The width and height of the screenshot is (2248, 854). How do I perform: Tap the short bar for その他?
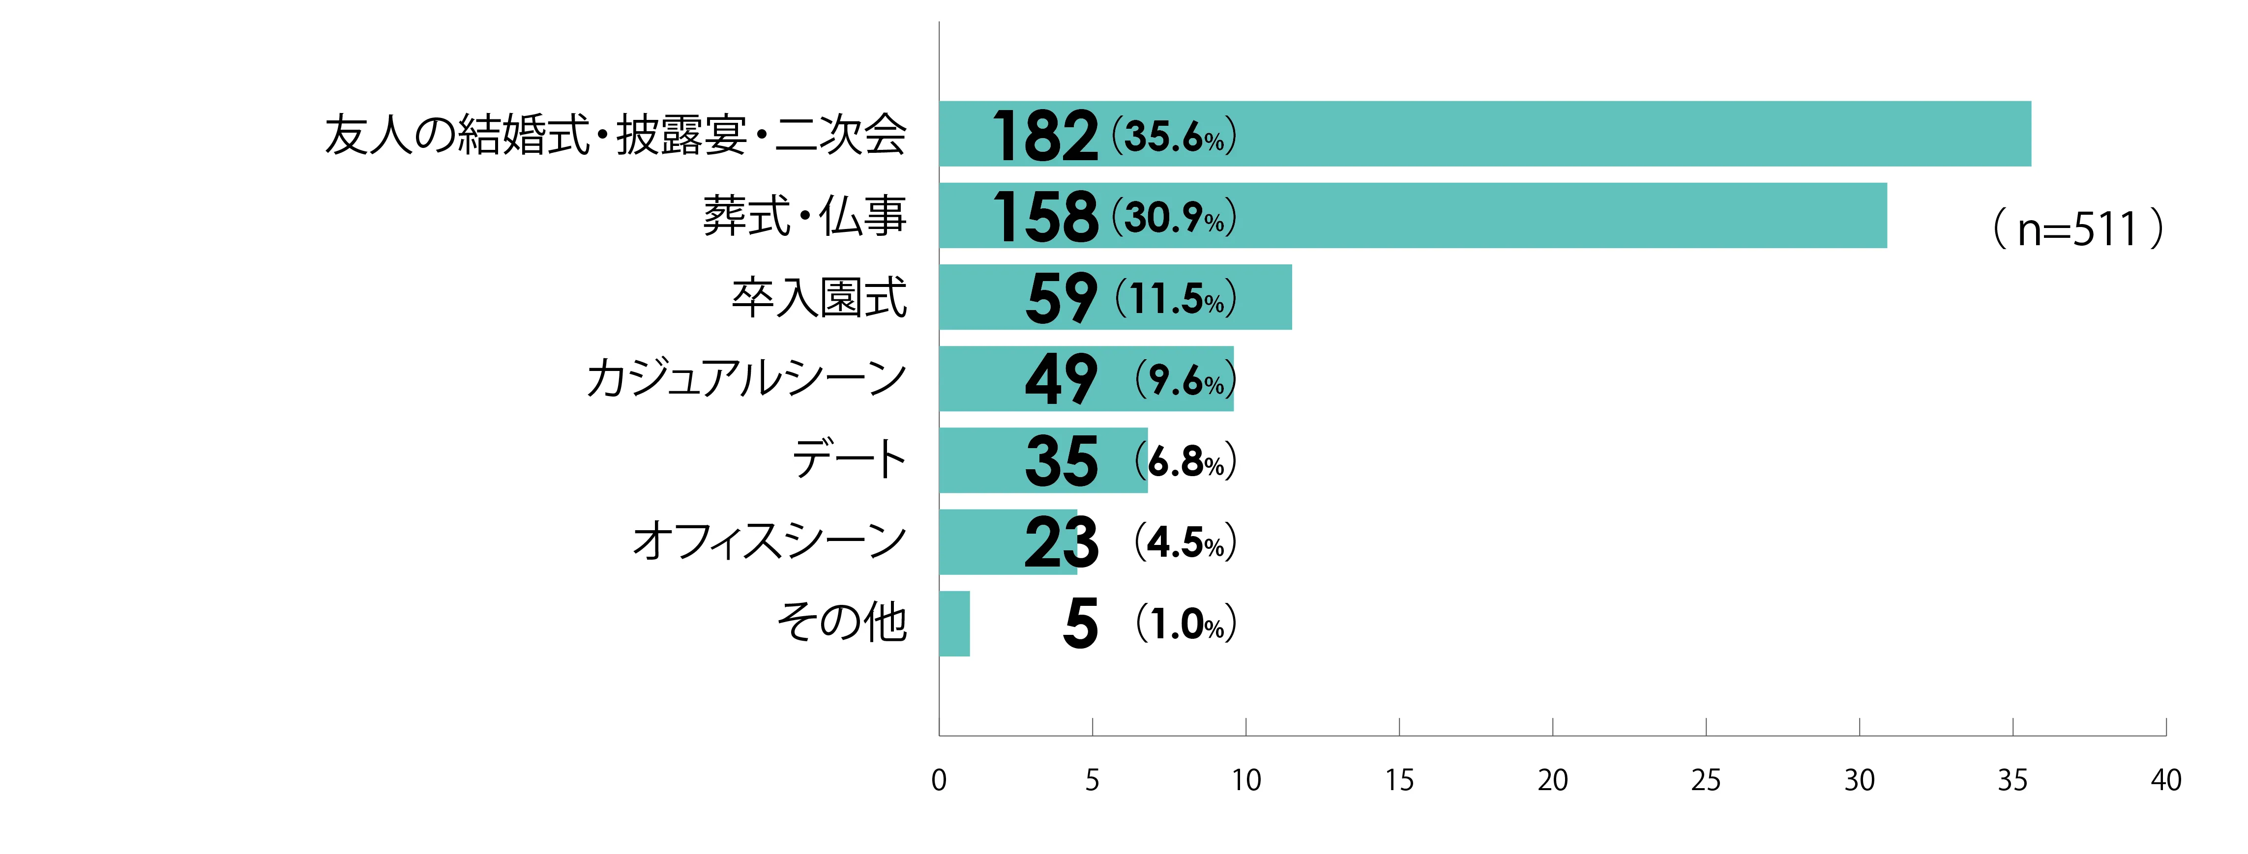click(954, 624)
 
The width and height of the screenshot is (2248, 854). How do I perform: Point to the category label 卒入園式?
click(819, 297)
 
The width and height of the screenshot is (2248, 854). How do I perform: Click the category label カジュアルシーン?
click(746, 378)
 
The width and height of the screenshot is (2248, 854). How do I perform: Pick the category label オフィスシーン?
click(769, 541)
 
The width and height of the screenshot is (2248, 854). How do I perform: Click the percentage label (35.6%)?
click(1174, 137)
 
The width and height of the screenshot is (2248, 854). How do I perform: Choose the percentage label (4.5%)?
click(1185, 542)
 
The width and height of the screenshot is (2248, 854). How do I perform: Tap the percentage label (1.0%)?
click(1185, 625)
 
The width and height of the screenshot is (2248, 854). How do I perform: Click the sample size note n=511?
click(2077, 229)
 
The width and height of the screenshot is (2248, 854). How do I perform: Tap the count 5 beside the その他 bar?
click(1080, 625)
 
